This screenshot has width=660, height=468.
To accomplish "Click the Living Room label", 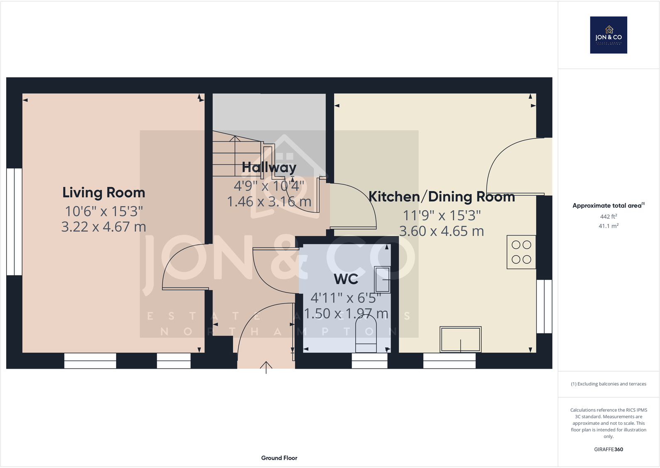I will [x=104, y=193].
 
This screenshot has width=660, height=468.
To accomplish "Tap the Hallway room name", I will [x=269, y=167].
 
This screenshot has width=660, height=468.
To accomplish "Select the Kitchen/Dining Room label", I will [x=442, y=196].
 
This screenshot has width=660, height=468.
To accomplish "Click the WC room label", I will [x=346, y=279].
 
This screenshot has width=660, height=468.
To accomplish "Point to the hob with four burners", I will [x=521, y=252].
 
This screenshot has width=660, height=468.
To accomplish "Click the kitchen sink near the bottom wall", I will [x=460, y=340].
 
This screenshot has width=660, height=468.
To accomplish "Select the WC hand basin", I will [x=382, y=279].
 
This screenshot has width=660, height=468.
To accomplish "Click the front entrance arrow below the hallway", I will [x=266, y=367].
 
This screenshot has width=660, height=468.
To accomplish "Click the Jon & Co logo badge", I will [x=609, y=35].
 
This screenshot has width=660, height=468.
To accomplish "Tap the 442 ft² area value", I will [x=609, y=216].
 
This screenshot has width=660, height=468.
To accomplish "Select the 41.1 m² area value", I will [x=609, y=226].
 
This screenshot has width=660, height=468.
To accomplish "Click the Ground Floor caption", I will [x=279, y=458].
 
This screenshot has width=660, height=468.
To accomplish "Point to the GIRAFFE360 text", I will [x=609, y=449].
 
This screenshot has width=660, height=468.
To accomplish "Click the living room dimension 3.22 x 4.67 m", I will [x=104, y=227].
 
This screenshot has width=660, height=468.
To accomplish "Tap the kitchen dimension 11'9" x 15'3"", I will [x=442, y=216].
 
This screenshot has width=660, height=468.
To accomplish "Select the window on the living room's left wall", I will [x=14, y=222].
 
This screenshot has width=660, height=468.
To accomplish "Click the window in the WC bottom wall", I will [x=369, y=360].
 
